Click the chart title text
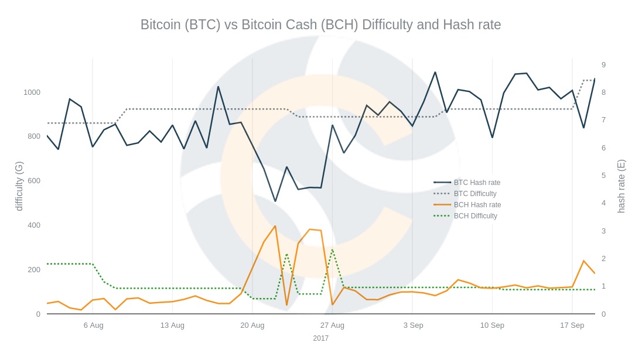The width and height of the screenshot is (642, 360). (320, 25)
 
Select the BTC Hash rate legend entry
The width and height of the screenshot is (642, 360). (477, 183)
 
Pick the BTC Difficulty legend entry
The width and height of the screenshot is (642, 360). (475, 194)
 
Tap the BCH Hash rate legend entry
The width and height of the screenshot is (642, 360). (477, 205)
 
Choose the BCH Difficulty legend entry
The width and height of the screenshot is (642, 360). (475, 216)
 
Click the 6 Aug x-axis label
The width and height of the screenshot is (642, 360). (93, 325)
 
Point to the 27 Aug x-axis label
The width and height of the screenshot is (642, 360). (332, 325)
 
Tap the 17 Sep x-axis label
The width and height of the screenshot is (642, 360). (572, 325)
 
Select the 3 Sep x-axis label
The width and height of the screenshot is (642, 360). (413, 325)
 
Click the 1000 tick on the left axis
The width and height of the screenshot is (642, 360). (32, 92)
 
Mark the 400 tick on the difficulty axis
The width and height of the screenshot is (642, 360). (34, 225)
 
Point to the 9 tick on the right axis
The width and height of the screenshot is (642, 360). (603, 64)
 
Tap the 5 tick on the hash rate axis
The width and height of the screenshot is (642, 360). (603, 175)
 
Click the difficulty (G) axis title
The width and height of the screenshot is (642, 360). (19, 186)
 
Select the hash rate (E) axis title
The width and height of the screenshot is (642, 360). (621, 186)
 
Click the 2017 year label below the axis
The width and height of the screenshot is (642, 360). (320, 338)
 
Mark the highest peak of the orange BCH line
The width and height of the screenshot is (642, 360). (275, 226)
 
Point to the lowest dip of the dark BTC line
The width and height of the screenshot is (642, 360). (275, 201)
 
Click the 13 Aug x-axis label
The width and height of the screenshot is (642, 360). (172, 325)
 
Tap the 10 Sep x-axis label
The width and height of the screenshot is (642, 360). (492, 325)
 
